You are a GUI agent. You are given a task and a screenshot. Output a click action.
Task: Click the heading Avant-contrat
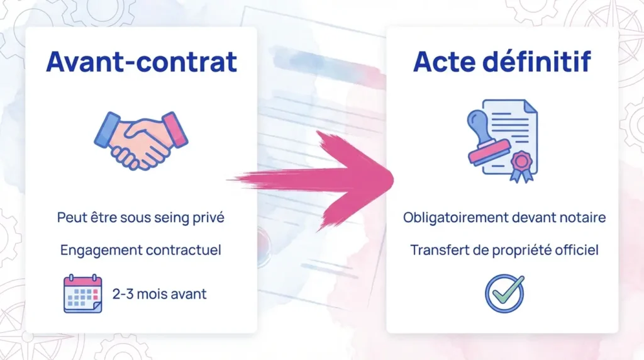click(142, 62)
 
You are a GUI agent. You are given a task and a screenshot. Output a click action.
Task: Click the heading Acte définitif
click(502, 62)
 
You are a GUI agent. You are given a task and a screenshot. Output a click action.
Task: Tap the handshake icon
click(142, 139)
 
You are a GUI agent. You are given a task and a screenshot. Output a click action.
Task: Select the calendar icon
click(82, 293)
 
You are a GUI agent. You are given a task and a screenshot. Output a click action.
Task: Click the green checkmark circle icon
click(504, 293)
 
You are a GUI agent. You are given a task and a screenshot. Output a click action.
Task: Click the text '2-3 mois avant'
click(159, 294)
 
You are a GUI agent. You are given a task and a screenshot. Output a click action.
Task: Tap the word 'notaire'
click(585, 218)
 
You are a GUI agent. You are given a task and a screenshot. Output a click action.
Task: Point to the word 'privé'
click(209, 218)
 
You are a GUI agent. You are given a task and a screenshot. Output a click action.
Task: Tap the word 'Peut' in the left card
click(70, 218)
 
